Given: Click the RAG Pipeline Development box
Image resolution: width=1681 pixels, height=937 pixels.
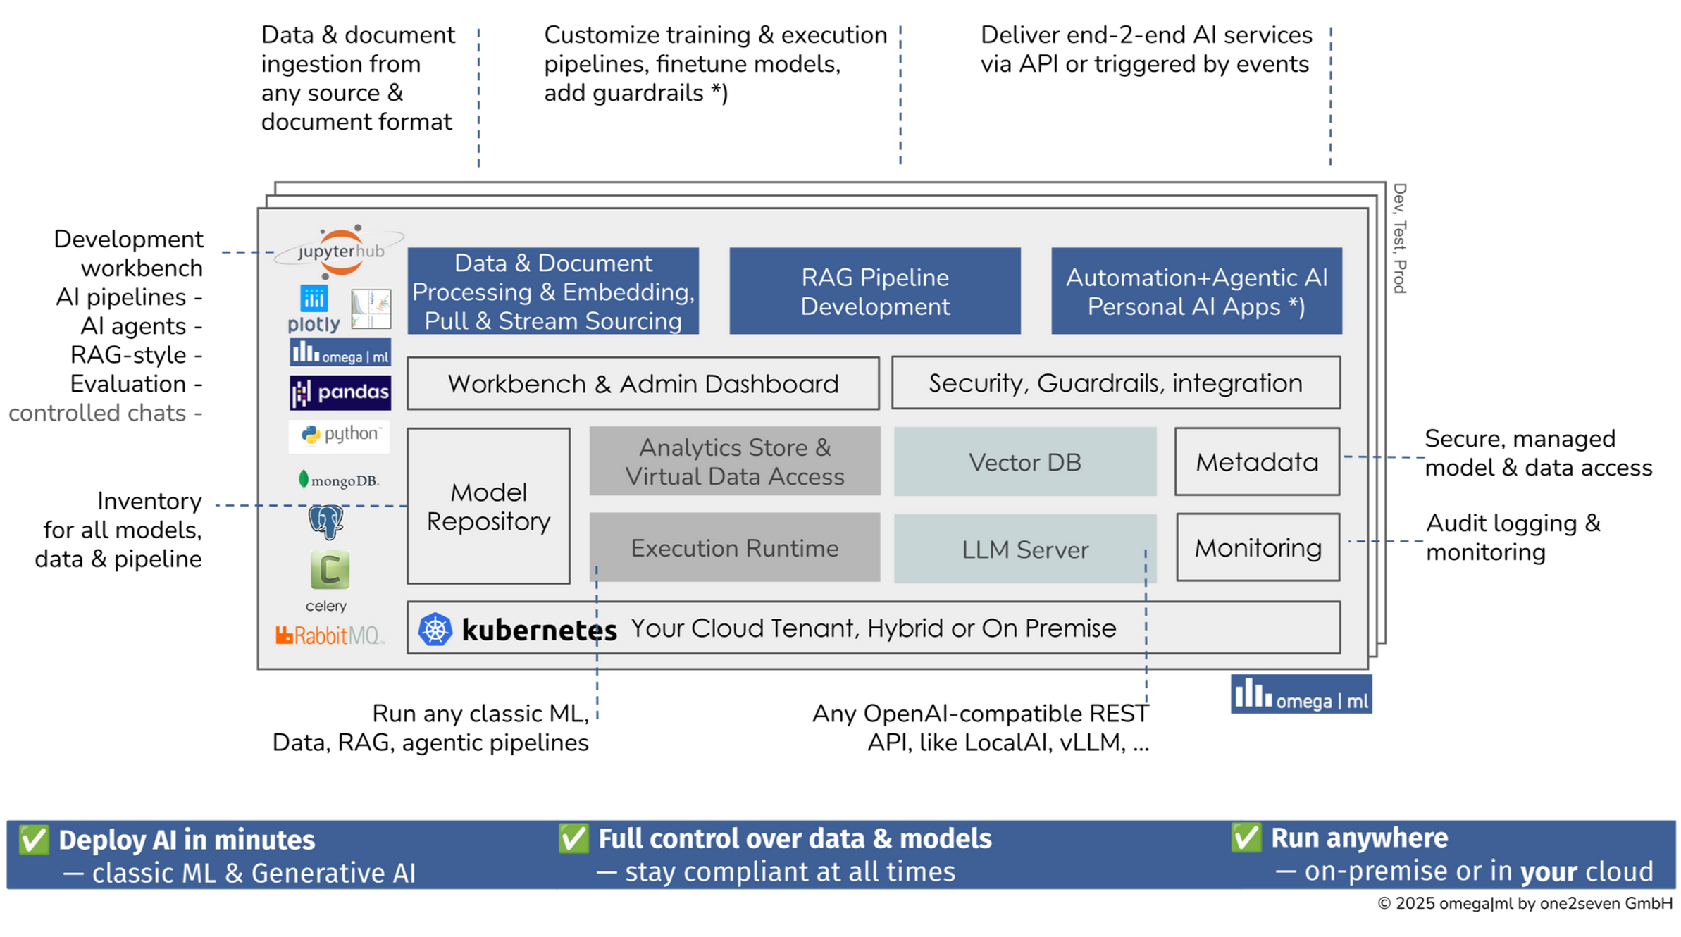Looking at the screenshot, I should click(874, 291).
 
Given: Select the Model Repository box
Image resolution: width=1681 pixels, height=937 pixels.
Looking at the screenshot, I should click(488, 506).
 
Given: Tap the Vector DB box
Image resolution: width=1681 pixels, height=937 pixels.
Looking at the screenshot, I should click(1024, 461).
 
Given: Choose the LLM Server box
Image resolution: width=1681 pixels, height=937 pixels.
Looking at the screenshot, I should click(1024, 549).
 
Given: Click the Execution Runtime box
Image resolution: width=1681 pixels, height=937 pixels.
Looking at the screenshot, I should click(734, 547).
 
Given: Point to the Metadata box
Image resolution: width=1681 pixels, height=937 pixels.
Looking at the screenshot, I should click(1257, 461).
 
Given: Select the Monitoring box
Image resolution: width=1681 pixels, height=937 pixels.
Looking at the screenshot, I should click(1258, 547).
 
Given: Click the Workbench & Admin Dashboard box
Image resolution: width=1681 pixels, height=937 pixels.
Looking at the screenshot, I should click(643, 383).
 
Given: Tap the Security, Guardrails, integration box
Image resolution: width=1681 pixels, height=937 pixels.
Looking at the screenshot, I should click(1115, 383).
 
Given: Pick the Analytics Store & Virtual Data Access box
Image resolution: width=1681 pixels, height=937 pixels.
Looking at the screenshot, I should click(734, 461).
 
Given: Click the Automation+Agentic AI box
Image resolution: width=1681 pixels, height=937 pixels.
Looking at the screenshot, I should click(1196, 291).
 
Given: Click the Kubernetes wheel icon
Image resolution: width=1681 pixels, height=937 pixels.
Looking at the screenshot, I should click(435, 629).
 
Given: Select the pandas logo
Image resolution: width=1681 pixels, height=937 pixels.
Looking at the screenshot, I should click(340, 392).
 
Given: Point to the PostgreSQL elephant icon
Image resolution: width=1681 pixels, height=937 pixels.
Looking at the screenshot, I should click(325, 522).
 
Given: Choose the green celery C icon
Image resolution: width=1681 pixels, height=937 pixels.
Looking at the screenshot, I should click(330, 570).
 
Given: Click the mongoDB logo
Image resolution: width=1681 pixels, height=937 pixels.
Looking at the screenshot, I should click(338, 480).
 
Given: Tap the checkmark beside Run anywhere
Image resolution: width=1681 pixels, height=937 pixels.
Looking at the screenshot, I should click(1246, 838).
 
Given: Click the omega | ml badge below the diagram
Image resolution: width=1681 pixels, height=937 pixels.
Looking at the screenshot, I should click(1301, 696).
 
